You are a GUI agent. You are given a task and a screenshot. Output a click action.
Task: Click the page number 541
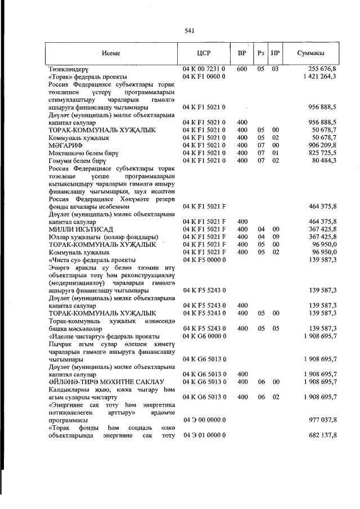tap(189, 31)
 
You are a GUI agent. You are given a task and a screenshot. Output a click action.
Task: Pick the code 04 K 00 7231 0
tap(204, 69)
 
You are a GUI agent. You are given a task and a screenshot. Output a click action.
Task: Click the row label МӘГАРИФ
tap(63, 145)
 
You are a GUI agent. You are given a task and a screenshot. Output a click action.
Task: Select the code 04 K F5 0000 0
tap(204, 260)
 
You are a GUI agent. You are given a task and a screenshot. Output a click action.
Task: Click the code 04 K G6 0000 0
tap(204, 336)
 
